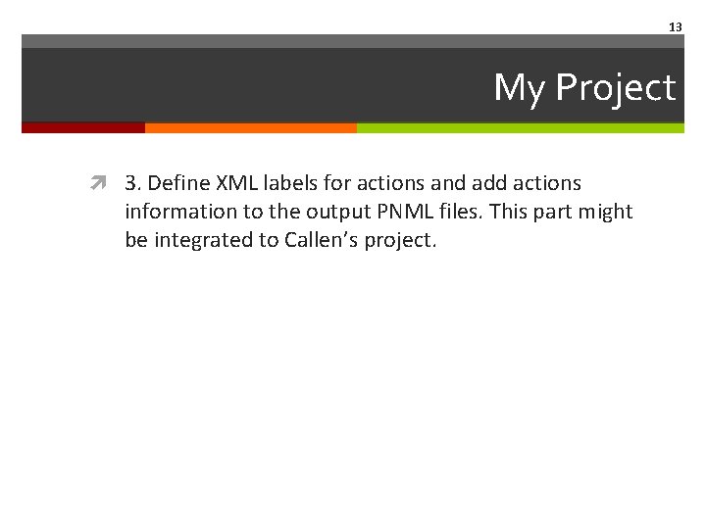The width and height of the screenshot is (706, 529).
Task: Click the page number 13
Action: coord(675,27)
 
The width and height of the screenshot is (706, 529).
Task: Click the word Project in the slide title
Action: coord(616,88)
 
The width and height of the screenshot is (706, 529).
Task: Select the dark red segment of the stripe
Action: coord(83,127)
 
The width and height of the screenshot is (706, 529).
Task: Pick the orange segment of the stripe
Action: coord(251,127)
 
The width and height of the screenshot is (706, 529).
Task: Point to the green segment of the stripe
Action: coord(520,127)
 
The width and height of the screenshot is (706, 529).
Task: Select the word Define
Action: coord(178,183)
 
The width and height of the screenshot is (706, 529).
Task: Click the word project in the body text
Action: coord(399,241)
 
